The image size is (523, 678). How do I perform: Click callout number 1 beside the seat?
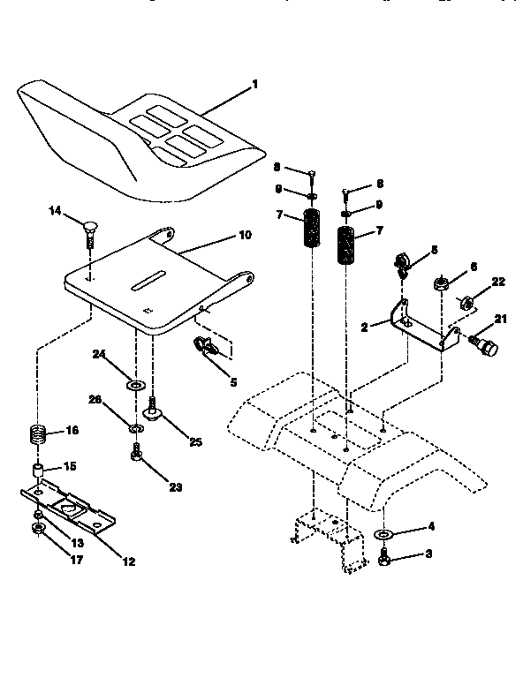254,85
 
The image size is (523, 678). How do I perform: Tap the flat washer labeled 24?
136,386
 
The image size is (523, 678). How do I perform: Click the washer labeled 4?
384,535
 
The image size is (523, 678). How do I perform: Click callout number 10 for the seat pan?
245,236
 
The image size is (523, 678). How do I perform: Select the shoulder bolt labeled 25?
153,411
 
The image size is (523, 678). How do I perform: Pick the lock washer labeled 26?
135,428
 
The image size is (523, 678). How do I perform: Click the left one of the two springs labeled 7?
312,230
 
